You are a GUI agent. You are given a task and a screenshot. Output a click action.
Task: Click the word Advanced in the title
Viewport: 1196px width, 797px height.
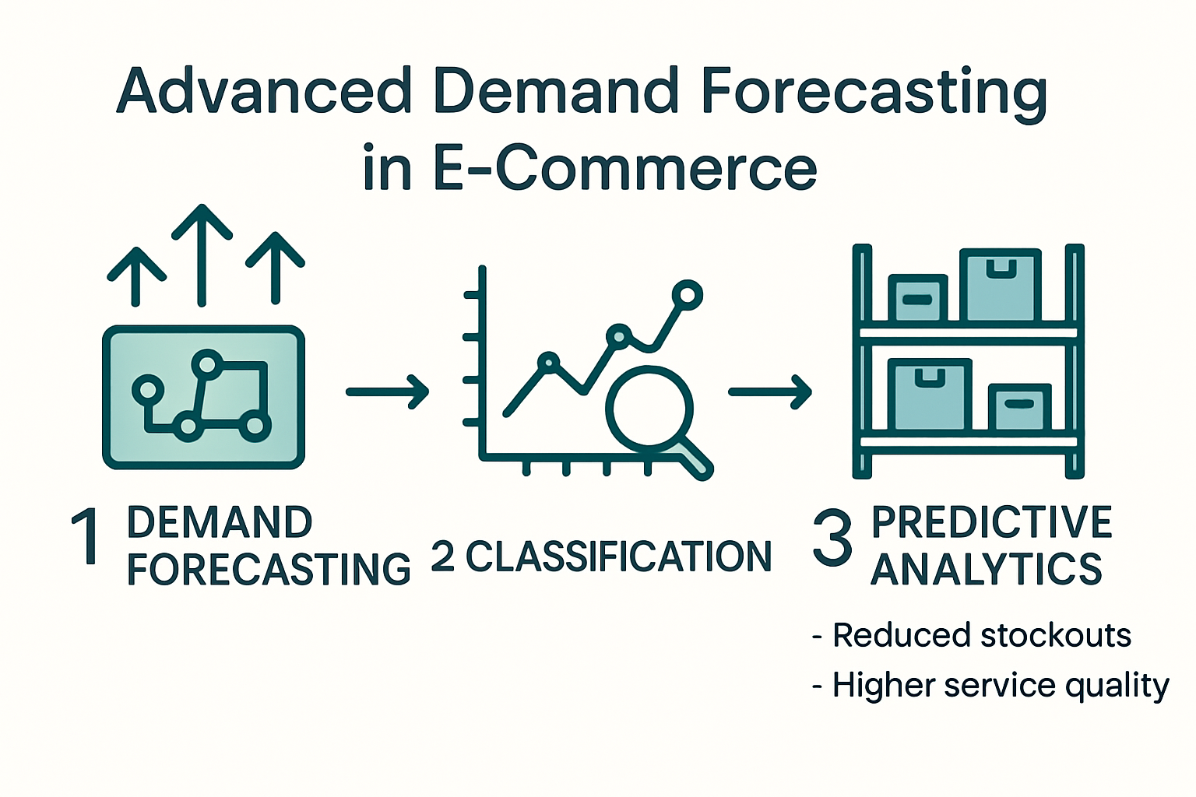click(x=264, y=92)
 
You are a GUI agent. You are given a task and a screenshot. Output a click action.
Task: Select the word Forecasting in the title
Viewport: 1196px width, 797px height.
click(x=873, y=92)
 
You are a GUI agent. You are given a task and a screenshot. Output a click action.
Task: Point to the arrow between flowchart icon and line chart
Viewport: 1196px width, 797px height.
click(x=387, y=391)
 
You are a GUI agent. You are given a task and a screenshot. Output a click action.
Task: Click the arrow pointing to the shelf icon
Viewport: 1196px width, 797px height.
click(x=769, y=391)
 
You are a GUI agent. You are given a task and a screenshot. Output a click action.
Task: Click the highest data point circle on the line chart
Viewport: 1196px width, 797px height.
click(x=687, y=295)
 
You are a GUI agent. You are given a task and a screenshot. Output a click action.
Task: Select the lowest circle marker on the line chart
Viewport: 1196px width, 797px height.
click(x=549, y=362)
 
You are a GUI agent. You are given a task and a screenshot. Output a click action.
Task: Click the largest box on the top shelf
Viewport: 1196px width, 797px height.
click(x=1001, y=285)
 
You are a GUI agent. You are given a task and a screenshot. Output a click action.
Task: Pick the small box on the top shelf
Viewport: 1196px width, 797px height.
click(x=917, y=298)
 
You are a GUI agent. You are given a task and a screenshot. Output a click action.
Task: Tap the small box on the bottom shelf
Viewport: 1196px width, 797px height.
click(x=1019, y=406)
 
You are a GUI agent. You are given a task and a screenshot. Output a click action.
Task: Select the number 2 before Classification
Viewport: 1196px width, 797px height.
click(x=442, y=556)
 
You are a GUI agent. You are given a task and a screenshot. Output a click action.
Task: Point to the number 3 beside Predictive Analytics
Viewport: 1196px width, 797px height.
click(x=832, y=537)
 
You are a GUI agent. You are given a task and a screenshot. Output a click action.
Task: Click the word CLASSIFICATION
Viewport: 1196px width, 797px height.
click(x=618, y=556)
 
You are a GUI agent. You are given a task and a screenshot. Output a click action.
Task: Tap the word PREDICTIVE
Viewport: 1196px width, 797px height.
click(x=991, y=522)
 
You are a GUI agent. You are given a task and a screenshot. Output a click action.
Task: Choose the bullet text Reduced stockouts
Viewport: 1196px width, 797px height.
click(x=981, y=635)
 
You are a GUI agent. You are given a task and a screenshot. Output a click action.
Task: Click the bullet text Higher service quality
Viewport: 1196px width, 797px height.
click(x=1000, y=686)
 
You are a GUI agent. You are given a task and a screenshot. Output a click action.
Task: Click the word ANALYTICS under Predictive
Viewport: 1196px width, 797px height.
click(x=986, y=570)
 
